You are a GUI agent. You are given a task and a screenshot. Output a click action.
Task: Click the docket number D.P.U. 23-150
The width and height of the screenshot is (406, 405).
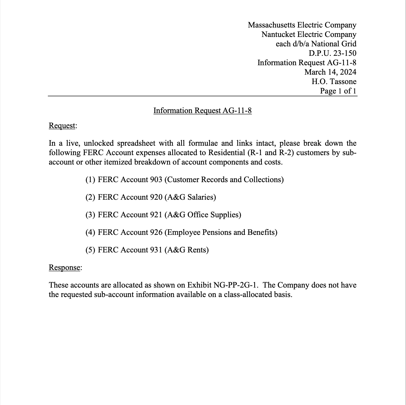tap(332, 53)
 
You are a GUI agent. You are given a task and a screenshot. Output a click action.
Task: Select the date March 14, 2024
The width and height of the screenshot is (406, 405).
tap(330, 72)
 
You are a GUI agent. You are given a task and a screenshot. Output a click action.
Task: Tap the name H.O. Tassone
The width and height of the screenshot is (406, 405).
tap(334, 82)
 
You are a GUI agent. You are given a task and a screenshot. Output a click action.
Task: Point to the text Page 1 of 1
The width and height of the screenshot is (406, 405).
tap(338, 91)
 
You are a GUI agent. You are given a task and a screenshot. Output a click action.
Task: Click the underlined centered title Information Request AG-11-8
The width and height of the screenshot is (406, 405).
tap(202, 111)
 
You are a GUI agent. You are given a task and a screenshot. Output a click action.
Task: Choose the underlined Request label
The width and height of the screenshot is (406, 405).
tap(62, 126)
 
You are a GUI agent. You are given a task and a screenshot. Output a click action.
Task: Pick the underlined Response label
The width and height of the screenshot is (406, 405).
tap(64, 267)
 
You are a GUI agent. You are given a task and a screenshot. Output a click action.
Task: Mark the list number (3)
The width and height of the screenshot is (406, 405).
tap(90, 215)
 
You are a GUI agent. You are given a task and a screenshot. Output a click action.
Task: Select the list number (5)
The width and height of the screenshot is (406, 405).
tap(90, 250)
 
